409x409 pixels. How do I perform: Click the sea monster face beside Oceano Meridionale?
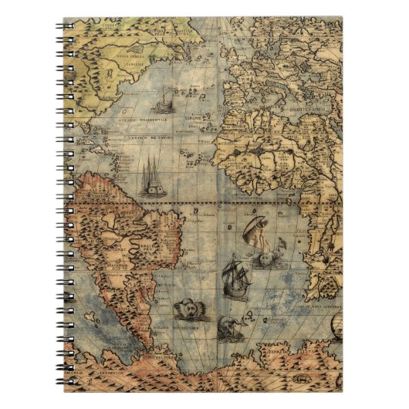point(185,310)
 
